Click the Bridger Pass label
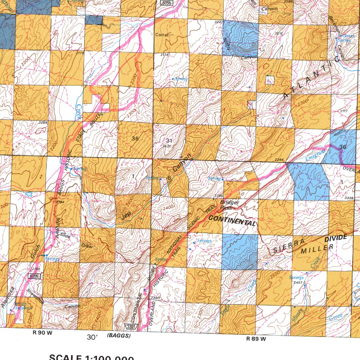coord(230,205)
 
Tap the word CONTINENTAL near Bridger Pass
coord(232,221)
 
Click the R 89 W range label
coord(256,339)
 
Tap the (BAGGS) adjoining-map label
coord(118,336)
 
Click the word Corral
coord(162,35)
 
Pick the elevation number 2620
coord(167,146)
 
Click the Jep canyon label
coord(126,216)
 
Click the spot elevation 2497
coord(298,282)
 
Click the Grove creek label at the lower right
coord(335,318)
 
